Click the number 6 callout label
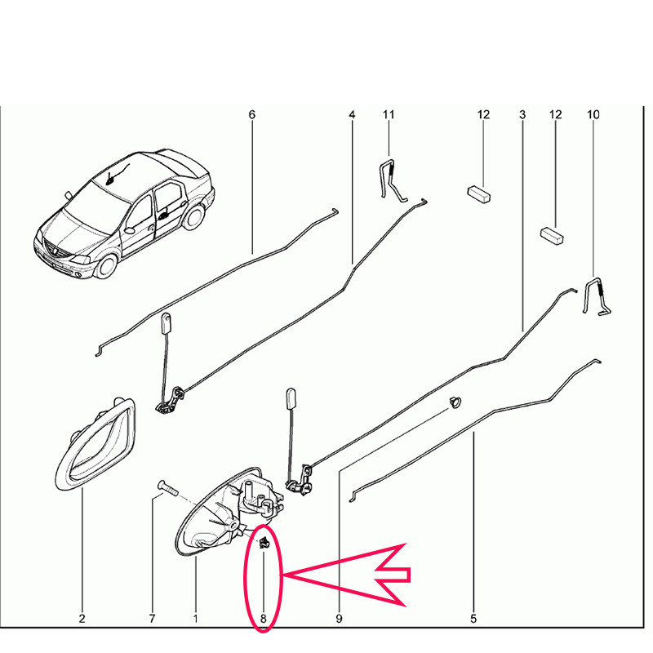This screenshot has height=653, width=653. tap(252, 114)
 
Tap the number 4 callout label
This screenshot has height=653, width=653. tap(353, 114)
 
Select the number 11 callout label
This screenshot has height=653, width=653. tap(389, 114)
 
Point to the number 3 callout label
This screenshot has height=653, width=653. tap(522, 114)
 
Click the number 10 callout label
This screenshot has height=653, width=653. tap(593, 114)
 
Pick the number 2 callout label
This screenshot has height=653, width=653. tap(82, 619)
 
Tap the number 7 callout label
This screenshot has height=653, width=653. tap(152, 619)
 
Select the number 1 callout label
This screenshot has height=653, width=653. tap(195, 619)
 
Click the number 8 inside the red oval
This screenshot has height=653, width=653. tap(263, 619)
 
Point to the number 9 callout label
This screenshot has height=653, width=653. tap(339, 619)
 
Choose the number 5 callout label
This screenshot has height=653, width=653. tap(473, 619)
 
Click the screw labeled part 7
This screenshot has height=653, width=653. tap(167, 487)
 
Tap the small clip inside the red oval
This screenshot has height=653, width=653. tap(264, 542)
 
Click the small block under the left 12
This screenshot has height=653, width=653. tap(478, 194)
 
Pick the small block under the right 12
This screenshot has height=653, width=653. tap(553, 235)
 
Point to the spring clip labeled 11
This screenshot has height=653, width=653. tap(392, 180)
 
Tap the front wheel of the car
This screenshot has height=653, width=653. tap(105, 267)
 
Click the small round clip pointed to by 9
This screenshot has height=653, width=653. tap(455, 402)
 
